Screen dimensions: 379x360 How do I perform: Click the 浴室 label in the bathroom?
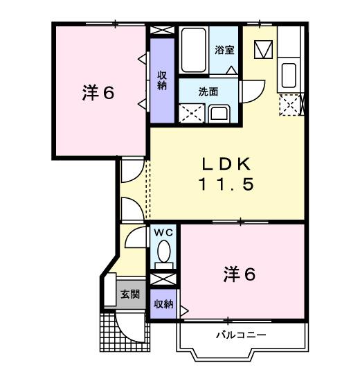click(x=223, y=51)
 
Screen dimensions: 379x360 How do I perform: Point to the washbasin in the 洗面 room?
click(x=221, y=113)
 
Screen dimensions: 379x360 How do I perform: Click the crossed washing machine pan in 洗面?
click(x=191, y=112)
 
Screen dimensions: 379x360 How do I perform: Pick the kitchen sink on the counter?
click(x=289, y=73)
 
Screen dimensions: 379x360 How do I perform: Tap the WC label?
click(x=163, y=232)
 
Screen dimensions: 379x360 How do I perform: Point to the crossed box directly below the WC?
click(x=163, y=279)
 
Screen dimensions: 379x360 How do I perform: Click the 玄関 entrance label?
click(x=129, y=294)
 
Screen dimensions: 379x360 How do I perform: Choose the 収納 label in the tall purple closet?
click(x=162, y=80)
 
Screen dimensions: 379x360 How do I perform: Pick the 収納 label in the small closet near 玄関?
click(x=163, y=304)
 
